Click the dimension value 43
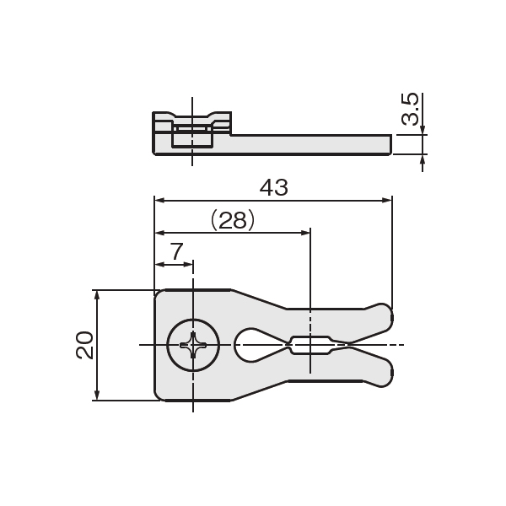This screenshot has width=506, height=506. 273,188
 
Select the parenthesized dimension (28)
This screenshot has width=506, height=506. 233,220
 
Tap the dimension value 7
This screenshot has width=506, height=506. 177,251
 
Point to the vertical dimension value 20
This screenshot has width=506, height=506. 84,345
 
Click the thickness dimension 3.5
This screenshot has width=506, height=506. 410,109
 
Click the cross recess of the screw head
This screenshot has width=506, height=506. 193,345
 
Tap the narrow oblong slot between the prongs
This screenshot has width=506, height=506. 310,345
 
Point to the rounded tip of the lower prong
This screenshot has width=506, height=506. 387,374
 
